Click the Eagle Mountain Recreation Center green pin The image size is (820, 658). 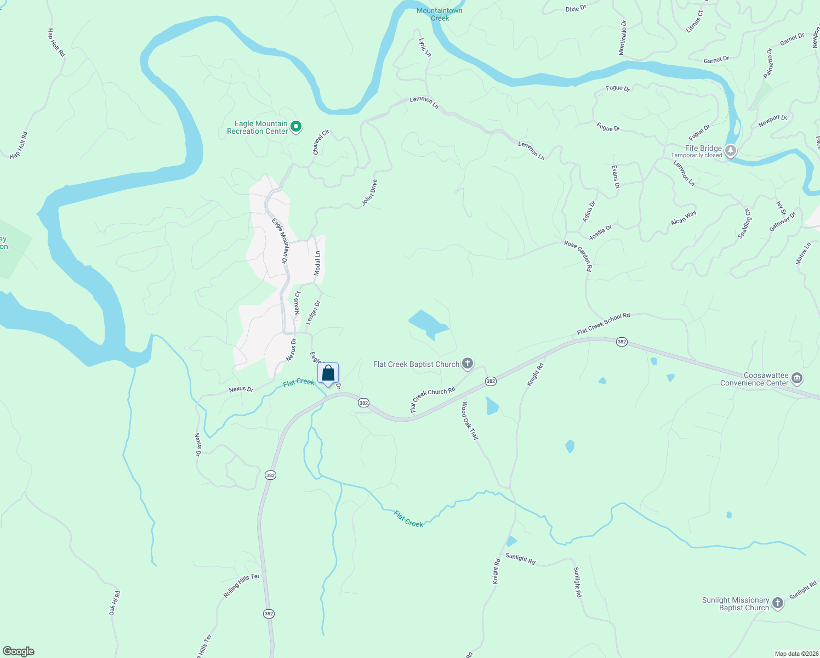pyautogui.click(x=296, y=127)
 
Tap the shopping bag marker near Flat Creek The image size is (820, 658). pyautogui.click(x=328, y=373)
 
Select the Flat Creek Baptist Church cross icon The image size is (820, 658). pyautogui.click(x=468, y=364)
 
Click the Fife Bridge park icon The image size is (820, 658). pyautogui.click(x=730, y=150)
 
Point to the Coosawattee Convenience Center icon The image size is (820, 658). pyautogui.click(x=798, y=378)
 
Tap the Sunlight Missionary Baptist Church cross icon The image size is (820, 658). pyautogui.click(x=778, y=604)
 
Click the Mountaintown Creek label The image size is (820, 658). pyautogui.click(x=440, y=14)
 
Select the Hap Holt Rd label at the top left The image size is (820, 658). pyautogui.click(x=56, y=42)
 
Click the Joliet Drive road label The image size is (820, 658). pyautogui.click(x=369, y=193)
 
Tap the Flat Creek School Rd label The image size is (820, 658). pyautogui.click(x=603, y=324)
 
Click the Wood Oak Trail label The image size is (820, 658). pyautogui.click(x=470, y=421)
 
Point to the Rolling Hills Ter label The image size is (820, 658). pyautogui.click(x=241, y=586)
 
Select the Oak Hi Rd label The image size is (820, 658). pyautogui.click(x=114, y=603)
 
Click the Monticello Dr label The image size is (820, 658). pyautogui.click(x=623, y=37)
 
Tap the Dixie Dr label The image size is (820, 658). pyautogui.click(x=576, y=8)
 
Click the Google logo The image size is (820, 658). pyautogui.click(x=19, y=651)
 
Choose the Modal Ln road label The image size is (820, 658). pyautogui.click(x=317, y=263)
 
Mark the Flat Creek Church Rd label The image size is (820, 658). pyautogui.click(x=433, y=399)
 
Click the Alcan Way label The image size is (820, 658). pyautogui.click(x=684, y=218)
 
